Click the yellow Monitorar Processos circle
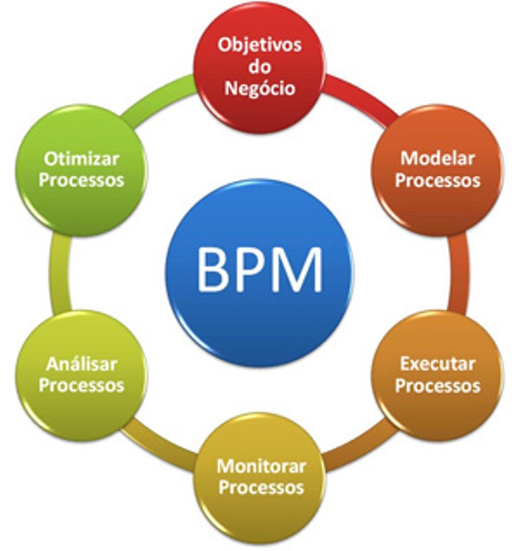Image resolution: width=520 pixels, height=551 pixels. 261,476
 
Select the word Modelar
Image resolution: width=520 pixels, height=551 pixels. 439,159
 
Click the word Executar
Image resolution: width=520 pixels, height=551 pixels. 438,363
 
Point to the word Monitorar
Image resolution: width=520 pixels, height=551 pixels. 261,465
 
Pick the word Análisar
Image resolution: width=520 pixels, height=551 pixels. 82,363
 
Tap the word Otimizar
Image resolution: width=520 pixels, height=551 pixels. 82,159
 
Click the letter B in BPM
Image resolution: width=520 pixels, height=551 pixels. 213,269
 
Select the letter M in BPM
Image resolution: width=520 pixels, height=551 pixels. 298,269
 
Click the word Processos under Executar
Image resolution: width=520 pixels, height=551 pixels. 438,386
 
